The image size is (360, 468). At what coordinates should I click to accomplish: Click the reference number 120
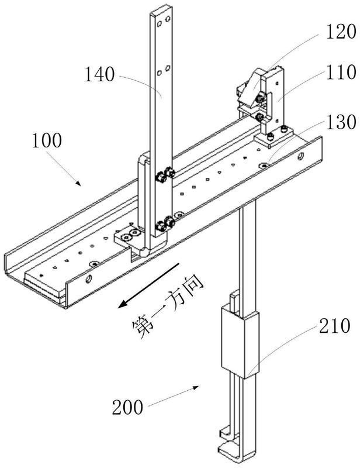(341, 32)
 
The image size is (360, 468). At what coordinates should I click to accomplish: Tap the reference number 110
(341, 72)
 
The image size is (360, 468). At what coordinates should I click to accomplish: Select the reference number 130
(341, 122)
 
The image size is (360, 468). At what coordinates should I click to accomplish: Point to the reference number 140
(99, 75)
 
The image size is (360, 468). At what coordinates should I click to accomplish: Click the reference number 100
(47, 140)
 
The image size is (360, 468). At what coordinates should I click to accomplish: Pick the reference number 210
(335, 326)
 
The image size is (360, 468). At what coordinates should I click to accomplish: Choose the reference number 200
(127, 407)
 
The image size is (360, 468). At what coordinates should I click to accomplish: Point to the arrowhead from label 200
(195, 387)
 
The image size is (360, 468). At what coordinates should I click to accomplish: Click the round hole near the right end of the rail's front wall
(302, 156)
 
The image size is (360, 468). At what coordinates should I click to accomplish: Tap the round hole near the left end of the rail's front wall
(88, 280)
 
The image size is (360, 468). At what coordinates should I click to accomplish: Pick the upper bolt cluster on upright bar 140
(164, 175)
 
